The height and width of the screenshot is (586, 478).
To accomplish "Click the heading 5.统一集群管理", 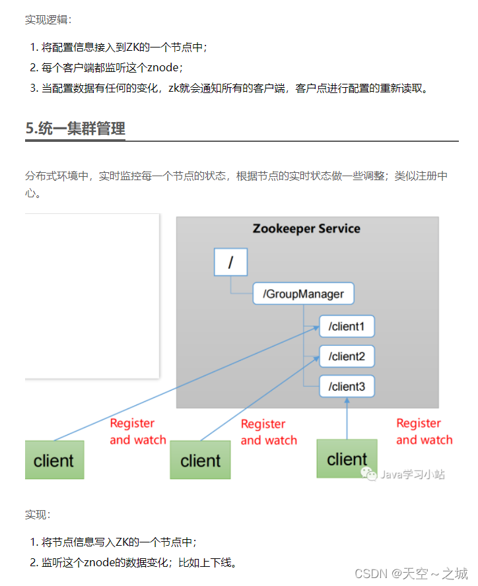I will (75, 128).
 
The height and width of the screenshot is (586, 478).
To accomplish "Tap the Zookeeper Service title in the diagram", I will (306, 229).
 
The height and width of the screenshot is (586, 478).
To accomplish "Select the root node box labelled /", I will (230, 262).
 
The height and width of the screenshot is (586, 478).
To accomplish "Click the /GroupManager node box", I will (303, 294).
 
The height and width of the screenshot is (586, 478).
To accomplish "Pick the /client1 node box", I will (347, 326).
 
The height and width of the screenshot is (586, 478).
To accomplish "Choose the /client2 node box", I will (347, 356).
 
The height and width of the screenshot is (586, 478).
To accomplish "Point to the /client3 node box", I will (347, 386).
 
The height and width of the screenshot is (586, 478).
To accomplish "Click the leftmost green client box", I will (54, 460).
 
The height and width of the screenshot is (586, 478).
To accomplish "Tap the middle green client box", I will (200, 460).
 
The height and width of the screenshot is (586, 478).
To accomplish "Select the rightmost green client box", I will (347, 459).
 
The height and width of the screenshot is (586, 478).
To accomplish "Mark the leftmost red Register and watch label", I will (137, 432).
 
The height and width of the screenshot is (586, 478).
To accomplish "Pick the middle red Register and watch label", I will (268, 432).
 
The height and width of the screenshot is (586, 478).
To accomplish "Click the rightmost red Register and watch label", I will (424, 432).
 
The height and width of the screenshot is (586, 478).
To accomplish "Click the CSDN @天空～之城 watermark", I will (411, 573).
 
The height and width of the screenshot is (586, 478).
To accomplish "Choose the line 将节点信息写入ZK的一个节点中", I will (119, 542).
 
